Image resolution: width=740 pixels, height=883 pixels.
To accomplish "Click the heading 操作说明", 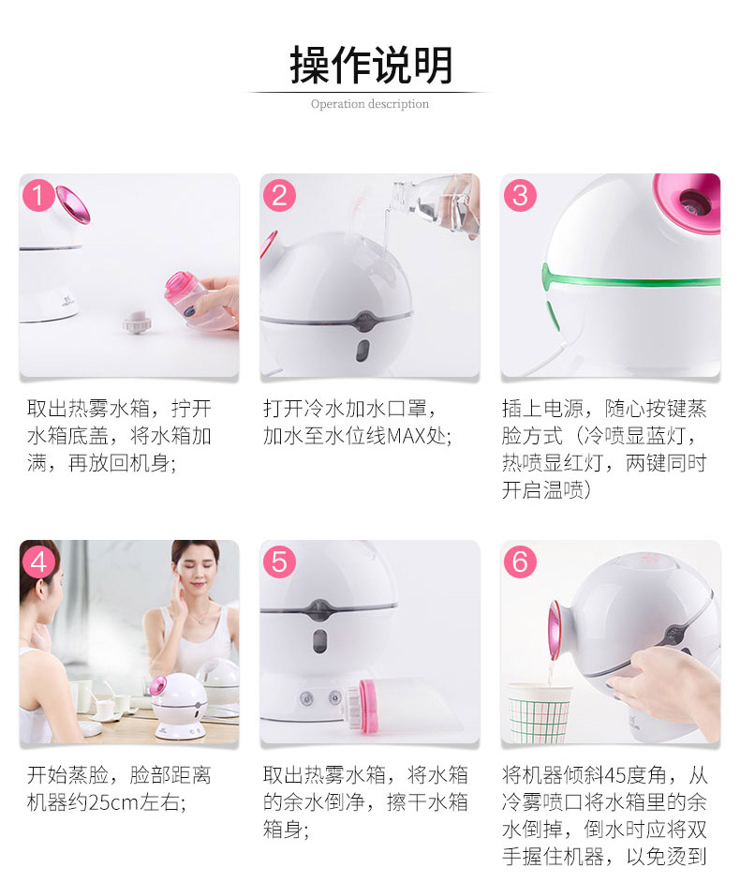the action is click(370, 66).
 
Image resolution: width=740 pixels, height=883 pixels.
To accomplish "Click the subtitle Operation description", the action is click(370, 104).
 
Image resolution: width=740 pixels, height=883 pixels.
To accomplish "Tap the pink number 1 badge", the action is click(38, 195).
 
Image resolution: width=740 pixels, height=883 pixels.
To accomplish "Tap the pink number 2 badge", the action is click(280, 195).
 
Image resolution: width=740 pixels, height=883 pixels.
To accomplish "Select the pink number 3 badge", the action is click(520, 195).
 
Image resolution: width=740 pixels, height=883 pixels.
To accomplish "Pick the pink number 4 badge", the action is click(38, 562).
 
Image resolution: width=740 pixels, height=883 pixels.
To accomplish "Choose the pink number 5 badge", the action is click(280, 562).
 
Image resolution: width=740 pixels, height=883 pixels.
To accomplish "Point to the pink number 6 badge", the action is click(520, 562).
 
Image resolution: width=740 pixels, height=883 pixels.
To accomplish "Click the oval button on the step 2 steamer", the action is click(363, 351).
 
